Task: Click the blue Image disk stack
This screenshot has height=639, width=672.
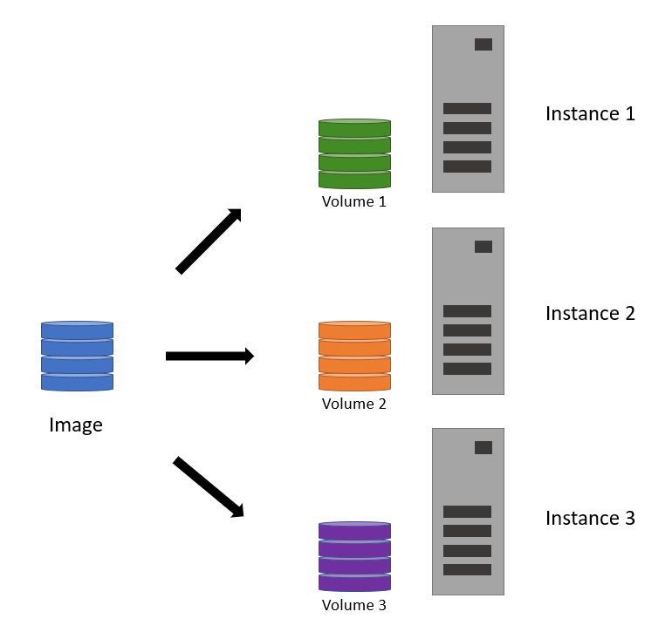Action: [x=77, y=356]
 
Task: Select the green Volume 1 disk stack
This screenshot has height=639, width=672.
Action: [x=353, y=153]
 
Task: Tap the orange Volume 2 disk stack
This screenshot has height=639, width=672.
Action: [x=353, y=356]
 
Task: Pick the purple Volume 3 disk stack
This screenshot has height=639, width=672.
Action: [x=353, y=556]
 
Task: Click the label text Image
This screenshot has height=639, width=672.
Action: [x=76, y=425]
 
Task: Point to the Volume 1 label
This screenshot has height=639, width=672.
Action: [x=353, y=201]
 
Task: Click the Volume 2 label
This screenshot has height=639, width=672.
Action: [x=353, y=404]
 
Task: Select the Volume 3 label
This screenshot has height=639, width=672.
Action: [x=353, y=605]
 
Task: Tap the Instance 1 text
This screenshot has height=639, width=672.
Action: [x=590, y=113]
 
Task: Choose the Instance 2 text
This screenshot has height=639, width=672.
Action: [x=590, y=313]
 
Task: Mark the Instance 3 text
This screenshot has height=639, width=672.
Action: [x=590, y=518]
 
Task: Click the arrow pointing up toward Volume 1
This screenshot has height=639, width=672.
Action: [x=209, y=241]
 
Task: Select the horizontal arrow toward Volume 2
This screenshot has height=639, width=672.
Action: [x=209, y=356]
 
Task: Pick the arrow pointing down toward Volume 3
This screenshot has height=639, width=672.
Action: [x=209, y=487]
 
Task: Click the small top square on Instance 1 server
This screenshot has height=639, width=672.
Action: [x=483, y=44]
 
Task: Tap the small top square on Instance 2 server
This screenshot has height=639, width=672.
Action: [x=483, y=247]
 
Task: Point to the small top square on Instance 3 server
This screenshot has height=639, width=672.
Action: [x=483, y=447]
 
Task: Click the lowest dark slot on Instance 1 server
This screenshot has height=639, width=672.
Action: [x=467, y=167]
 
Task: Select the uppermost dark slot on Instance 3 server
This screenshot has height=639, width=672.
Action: [x=467, y=512]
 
